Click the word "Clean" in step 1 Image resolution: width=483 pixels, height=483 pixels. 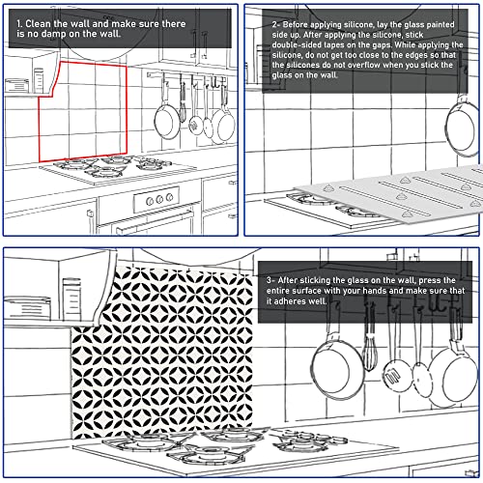point(37,24)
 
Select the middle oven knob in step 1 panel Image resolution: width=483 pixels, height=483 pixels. point(159,199)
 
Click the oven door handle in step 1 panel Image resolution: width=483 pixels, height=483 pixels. point(155,222)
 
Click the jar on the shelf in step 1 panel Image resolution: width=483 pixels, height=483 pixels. point(39,80)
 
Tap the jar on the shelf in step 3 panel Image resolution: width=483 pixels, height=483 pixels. point(71,299)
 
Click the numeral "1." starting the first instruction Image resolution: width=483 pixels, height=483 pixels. point(19,24)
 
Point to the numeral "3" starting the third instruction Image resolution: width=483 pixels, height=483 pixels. point(269,280)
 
